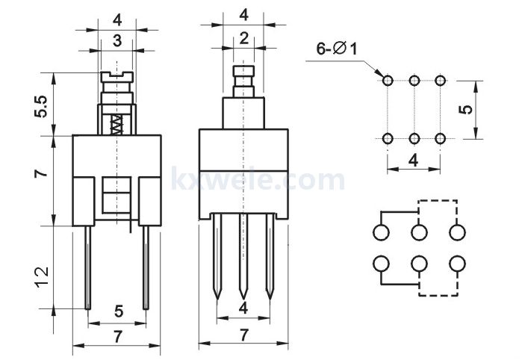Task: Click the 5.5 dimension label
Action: (x=41, y=107)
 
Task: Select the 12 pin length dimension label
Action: (x=43, y=277)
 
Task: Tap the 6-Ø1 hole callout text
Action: (x=337, y=49)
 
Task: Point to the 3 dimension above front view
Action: (x=117, y=40)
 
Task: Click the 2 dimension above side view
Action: (x=244, y=39)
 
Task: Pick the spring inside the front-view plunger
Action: (x=116, y=125)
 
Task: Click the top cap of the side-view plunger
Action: (x=243, y=71)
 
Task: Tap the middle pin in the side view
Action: (x=243, y=256)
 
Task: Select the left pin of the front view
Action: (x=88, y=267)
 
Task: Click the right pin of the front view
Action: (x=146, y=267)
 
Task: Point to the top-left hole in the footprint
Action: (x=388, y=81)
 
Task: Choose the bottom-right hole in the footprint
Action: (x=440, y=138)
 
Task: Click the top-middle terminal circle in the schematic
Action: (x=419, y=232)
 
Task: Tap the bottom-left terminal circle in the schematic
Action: (x=381, y=264)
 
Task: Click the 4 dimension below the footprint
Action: (x=413, y=161)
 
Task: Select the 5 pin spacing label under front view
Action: (x=119, y=311)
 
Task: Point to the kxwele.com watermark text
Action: (x=258, y=179)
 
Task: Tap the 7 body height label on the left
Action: (x=41, y=173)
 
